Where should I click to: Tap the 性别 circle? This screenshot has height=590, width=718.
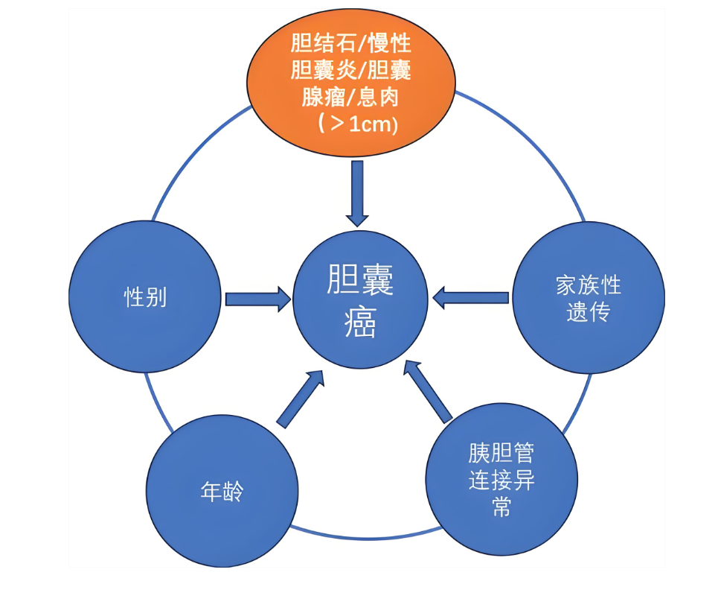point(145,297)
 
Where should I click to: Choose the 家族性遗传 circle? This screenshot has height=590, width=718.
point(589,297)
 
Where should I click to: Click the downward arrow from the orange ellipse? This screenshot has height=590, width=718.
point(358,192)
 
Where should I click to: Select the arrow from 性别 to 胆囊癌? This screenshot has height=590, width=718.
point(257,299)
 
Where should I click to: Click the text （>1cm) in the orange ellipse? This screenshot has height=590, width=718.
point(357,124)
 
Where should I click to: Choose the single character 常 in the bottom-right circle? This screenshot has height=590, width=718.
point(501,508)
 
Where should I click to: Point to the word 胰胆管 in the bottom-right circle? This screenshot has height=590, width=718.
point(501,452)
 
